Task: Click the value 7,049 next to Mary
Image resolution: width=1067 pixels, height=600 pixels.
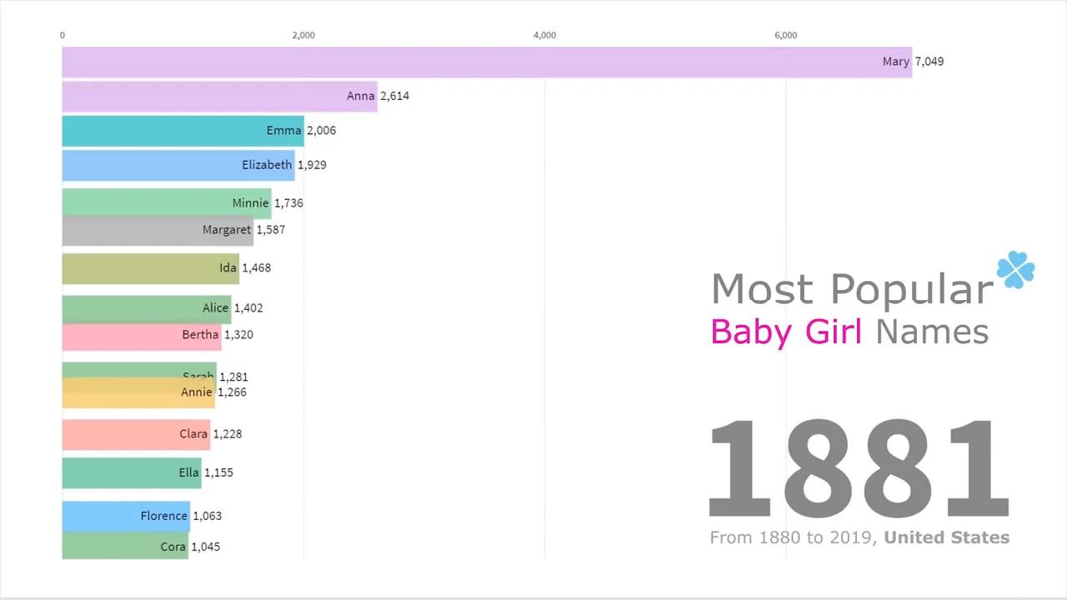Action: coord(929,62)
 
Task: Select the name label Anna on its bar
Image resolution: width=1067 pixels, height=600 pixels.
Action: coord(360,96)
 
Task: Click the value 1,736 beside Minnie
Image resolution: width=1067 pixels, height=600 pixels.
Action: coord(288,203)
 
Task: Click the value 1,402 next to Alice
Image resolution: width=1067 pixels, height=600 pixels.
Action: coord(248,308)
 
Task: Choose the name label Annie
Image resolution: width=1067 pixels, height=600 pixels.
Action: coord(196,392)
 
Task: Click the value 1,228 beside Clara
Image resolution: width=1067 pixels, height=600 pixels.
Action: coord(228,434)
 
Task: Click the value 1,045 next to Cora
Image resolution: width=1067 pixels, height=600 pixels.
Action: coord(206,547)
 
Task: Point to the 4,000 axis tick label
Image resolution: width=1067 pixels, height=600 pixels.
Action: coord(544,35)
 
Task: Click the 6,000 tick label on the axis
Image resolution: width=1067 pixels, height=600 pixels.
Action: coord(785,35)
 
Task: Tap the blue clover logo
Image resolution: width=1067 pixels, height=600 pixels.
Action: coord(1015,269)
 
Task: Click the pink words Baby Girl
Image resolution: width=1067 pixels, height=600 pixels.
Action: coord(785,332)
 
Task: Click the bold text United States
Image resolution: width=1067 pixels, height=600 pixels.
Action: coord(946,538)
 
